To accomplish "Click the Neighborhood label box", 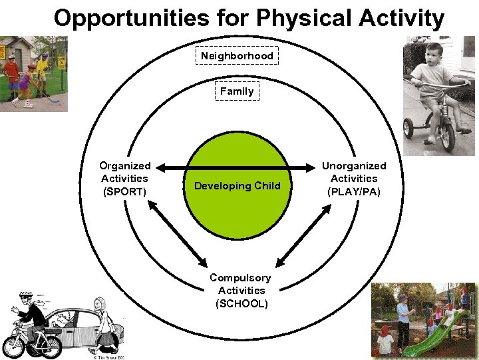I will click(x=237, y=55).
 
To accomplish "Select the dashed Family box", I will click(x=237, y=91).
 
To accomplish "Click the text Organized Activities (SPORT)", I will click(x=124, y=179).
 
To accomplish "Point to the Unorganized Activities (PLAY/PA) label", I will click(x=354, y=179).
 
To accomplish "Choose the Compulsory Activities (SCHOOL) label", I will click(x=240, y=290).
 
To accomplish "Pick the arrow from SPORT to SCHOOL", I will click(x=177, y=233).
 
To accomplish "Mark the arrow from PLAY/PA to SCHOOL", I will click(x=303, y=233).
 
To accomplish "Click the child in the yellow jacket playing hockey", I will click(x=43, y=69).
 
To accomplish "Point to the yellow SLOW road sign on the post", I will click(x=62, y=62).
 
